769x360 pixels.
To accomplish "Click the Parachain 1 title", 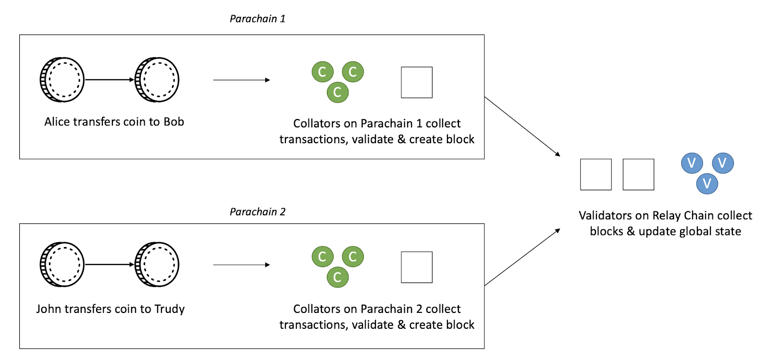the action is point(258,19).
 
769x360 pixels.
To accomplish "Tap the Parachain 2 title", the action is point(258,212).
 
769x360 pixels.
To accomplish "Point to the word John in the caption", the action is point(49,309).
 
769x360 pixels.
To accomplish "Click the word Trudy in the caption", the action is point(169,309).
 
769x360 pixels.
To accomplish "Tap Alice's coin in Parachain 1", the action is point(62,80).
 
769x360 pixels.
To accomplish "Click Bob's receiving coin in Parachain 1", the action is point(157,80).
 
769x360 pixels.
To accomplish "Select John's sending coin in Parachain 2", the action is point(62,264).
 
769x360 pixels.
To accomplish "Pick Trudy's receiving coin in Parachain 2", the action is point(157,264).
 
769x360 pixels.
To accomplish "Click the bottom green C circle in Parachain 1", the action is point(337,92).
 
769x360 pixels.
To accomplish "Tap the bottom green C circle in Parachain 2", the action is point(337,277).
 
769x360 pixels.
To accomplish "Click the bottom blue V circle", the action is point(707,184).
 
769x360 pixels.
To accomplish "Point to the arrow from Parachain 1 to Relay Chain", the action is point(522,126).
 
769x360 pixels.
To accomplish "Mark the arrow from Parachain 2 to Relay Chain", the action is point(522,257).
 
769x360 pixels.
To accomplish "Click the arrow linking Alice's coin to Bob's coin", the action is point(110,80).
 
